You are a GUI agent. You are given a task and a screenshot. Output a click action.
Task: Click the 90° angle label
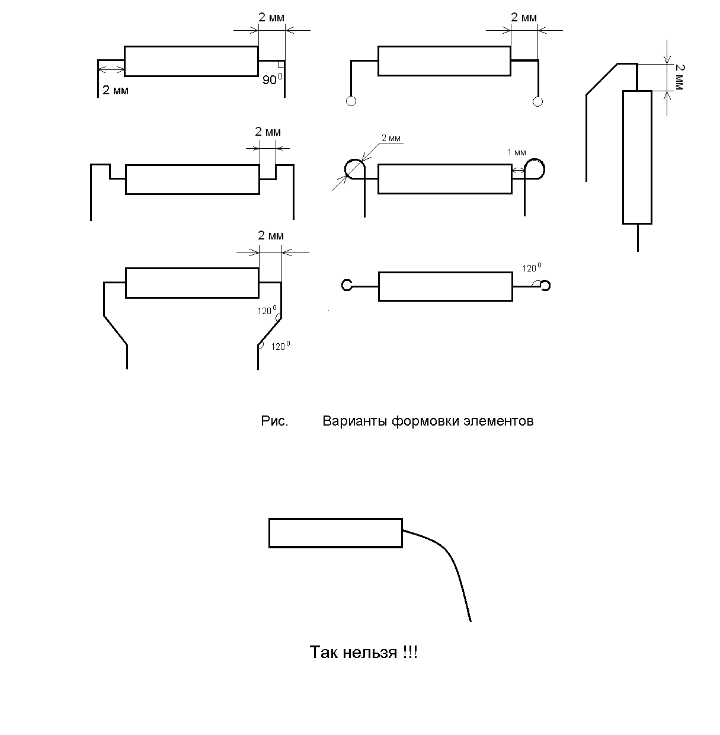tap(272, 79)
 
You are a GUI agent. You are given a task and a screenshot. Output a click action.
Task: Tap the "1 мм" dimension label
tap(517, 152)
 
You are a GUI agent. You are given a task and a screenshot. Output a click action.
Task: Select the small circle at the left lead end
tap(351, 101)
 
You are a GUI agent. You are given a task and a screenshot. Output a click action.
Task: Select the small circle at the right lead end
tap(537, 101)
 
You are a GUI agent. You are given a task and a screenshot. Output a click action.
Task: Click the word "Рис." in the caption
tap(274, 421)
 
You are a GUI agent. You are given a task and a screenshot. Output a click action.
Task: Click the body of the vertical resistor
tap(637, 157)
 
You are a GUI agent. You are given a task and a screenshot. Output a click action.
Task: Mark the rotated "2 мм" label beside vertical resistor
tap(679, 78)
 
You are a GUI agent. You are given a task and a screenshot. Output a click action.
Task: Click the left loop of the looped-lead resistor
tap(354, 168)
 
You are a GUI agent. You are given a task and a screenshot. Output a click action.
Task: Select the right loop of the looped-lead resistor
tap(535, 168)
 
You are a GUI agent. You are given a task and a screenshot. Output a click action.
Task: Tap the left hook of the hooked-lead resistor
tap(347, 286)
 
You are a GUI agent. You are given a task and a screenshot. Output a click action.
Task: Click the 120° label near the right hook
tap(532, 268)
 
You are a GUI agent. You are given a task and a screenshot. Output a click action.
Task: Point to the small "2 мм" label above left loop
tap(391, 139)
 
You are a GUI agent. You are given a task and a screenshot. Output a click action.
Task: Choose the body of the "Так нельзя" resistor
tap(335, 533)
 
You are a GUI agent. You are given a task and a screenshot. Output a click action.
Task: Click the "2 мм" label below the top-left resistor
tap(116, 91)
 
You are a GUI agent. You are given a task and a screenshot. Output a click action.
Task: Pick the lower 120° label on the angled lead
tap(280, 346)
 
